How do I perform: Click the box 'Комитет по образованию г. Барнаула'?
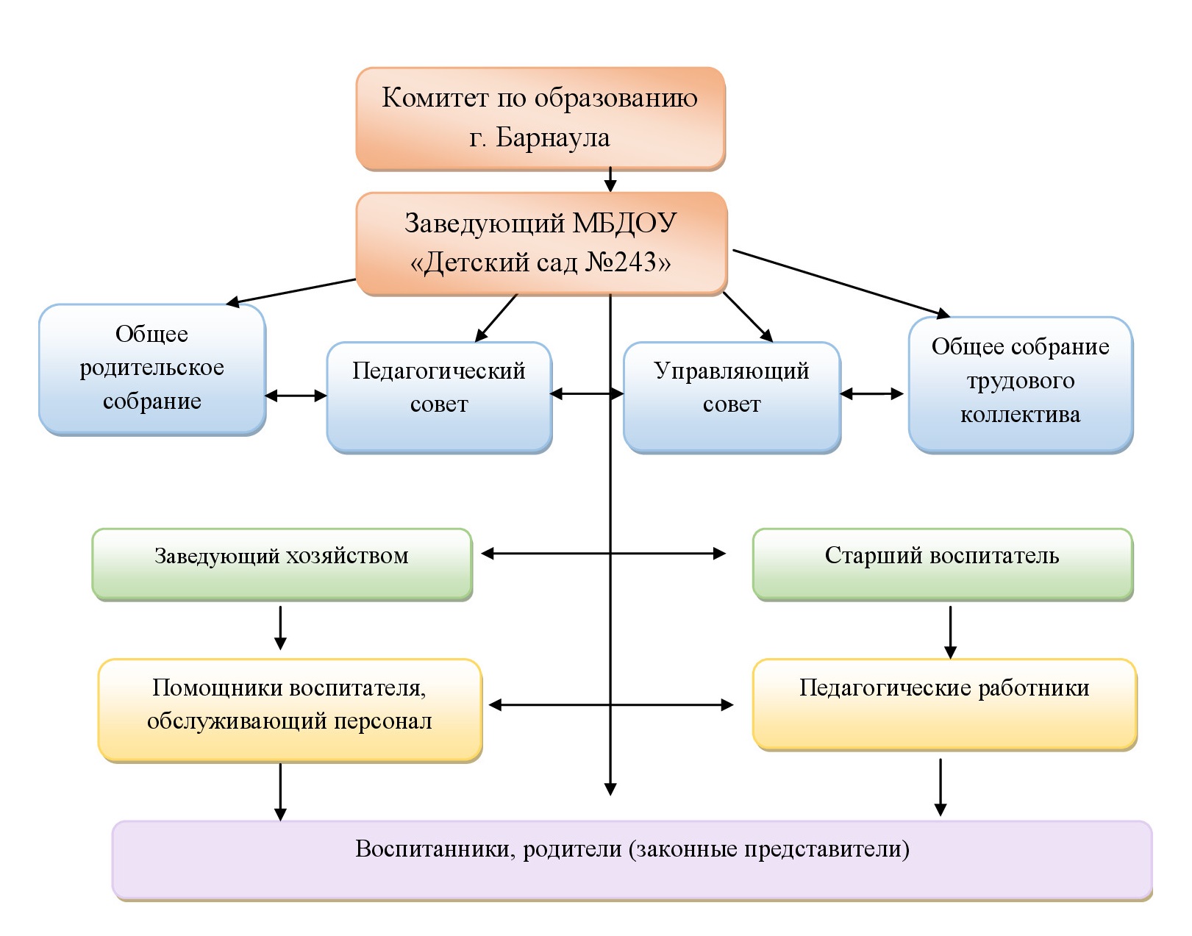(540, 118)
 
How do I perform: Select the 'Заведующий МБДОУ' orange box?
(541, 243)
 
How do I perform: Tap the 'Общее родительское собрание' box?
(152, 368)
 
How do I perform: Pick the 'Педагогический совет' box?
(439, 396)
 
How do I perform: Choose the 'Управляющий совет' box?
(732, 396)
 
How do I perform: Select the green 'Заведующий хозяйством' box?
(282, 563)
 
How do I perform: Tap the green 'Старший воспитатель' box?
(942, 563)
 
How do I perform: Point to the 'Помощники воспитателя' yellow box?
(290, 710)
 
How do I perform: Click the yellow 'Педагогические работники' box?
(945, 704)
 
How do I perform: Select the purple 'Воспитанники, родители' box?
(632, 859)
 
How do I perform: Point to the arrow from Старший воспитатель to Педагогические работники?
(950, 632)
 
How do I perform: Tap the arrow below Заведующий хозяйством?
(280, 627)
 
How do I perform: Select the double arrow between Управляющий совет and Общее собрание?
(871, 394)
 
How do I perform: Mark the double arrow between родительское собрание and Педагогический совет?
(296, 396)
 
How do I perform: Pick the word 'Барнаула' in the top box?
(553, 137)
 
